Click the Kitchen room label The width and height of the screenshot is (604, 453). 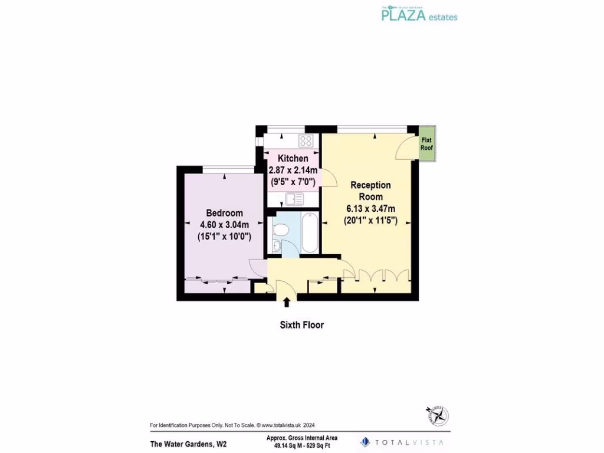pyautogui.click(x=293, y=159)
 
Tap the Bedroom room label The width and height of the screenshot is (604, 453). pyautogui.click(x=224, y=213)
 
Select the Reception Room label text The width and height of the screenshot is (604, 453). pyautogui.click(x=370, y=191)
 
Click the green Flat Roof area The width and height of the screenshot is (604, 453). pyautogui.click(x=426, y=144)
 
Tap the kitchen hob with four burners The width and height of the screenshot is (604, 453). pyautogui.click(x=306, y=140)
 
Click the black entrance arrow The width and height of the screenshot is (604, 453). pyautogui.click(x=287, y=303)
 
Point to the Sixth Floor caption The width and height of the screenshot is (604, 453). pyautogui.click(x=301, y=324)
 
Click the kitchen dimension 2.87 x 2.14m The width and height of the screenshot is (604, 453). pyautogui.click(x=293, y=170)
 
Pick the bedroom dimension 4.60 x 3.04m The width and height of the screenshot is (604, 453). pyautogui.click(x=224, y=224)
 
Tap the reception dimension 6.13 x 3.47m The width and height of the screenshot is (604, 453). pyautogui.click(x=370, y=208)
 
